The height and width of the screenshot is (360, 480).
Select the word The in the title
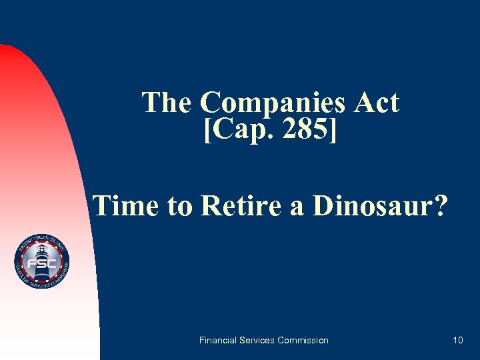pyautogui.click(x=167, y=103)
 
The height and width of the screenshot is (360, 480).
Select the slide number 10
pyautogui.click(x=457, y=340)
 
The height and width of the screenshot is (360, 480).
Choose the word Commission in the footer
pyautogui.click(x=305, y=340)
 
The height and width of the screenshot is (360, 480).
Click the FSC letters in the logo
pyautogui.click(x=41, y=265)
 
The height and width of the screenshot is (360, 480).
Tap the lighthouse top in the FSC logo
pyautogui.click(x=41, y=249)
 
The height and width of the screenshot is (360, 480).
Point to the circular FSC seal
pyautogui.click(x=41, y=262)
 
